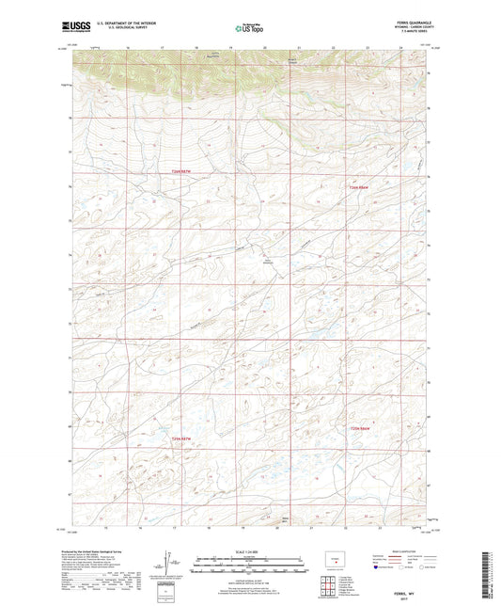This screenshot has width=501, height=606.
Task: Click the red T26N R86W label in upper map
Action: [x=351, y=189]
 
